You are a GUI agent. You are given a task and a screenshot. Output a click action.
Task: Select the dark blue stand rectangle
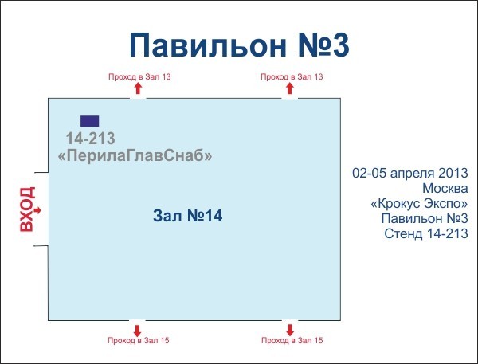[90, 121]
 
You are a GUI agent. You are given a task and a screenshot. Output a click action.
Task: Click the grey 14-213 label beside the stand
[90, 138]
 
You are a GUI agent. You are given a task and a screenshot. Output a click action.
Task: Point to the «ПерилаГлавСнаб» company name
[135, 157]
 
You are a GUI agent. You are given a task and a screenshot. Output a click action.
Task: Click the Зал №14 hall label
[186, 216]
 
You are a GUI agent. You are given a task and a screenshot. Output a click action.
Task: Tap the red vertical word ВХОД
[26, 209]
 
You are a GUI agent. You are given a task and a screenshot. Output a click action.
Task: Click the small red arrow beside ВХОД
[38, 210]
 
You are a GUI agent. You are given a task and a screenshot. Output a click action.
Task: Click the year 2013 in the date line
[451, 173]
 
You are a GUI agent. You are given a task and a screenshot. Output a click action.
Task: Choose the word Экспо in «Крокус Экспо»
[444, 203]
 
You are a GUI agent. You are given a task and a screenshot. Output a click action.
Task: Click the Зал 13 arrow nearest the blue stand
[137, 89]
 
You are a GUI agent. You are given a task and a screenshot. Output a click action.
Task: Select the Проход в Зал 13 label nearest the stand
[139, 77]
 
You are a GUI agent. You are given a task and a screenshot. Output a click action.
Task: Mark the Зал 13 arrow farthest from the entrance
[290, 89]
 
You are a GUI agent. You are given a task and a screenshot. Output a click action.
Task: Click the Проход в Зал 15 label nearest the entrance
[139, 341]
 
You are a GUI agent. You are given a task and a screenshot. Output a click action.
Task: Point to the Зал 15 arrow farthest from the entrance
[290, 329]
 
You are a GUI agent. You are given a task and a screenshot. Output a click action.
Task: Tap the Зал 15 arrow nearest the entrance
[137, 329]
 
